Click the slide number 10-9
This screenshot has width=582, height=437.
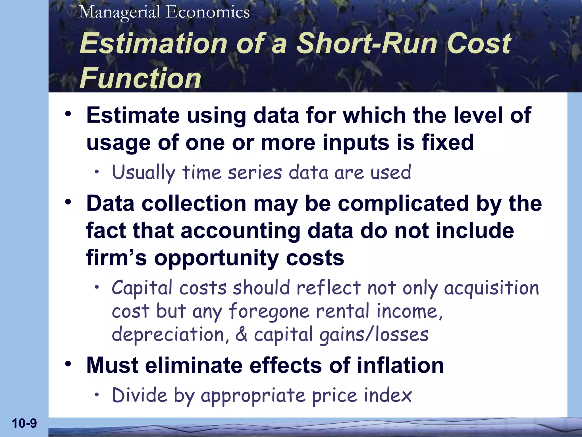coord(24,423)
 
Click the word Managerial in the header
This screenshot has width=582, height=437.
coord(120,12)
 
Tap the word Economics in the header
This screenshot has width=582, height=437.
coord(208,12)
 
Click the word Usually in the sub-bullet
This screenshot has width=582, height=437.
coord(144,172)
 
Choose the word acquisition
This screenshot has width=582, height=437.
coord(491,288)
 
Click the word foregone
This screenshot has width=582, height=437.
coord(269,311)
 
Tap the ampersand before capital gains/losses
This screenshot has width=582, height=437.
coord(241,335)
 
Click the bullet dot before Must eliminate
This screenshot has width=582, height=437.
coord(68,364)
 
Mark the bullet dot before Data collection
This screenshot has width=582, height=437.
coord(68,202)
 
